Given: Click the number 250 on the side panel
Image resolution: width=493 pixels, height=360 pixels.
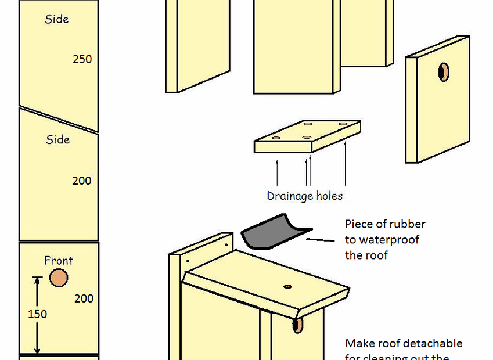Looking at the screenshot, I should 82,59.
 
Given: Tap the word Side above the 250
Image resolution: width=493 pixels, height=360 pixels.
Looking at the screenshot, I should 57,19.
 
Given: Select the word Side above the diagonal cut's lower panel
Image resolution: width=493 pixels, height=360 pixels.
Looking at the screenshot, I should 57,139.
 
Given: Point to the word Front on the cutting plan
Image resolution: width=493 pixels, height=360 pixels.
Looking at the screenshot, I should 59,261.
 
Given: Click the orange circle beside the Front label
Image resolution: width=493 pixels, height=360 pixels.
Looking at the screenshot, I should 58,278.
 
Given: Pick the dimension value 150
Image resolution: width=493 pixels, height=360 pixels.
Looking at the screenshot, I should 38,314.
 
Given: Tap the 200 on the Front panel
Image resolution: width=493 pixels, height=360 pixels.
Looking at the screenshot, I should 84,298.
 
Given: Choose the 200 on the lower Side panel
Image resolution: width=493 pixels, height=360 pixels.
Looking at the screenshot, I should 82,181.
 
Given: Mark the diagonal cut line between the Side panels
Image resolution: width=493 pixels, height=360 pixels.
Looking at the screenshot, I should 58,119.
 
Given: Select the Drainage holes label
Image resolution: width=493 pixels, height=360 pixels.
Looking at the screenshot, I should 304,196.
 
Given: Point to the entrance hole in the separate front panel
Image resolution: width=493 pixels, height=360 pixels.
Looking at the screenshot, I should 443,72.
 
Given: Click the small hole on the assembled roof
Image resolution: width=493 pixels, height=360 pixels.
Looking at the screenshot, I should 287,287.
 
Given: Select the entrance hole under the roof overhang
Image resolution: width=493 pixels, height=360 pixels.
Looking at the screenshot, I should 298,325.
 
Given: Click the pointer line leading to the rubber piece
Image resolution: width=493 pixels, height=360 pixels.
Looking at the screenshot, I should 321,239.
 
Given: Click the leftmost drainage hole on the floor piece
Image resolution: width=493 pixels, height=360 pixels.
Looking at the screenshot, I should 276,138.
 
